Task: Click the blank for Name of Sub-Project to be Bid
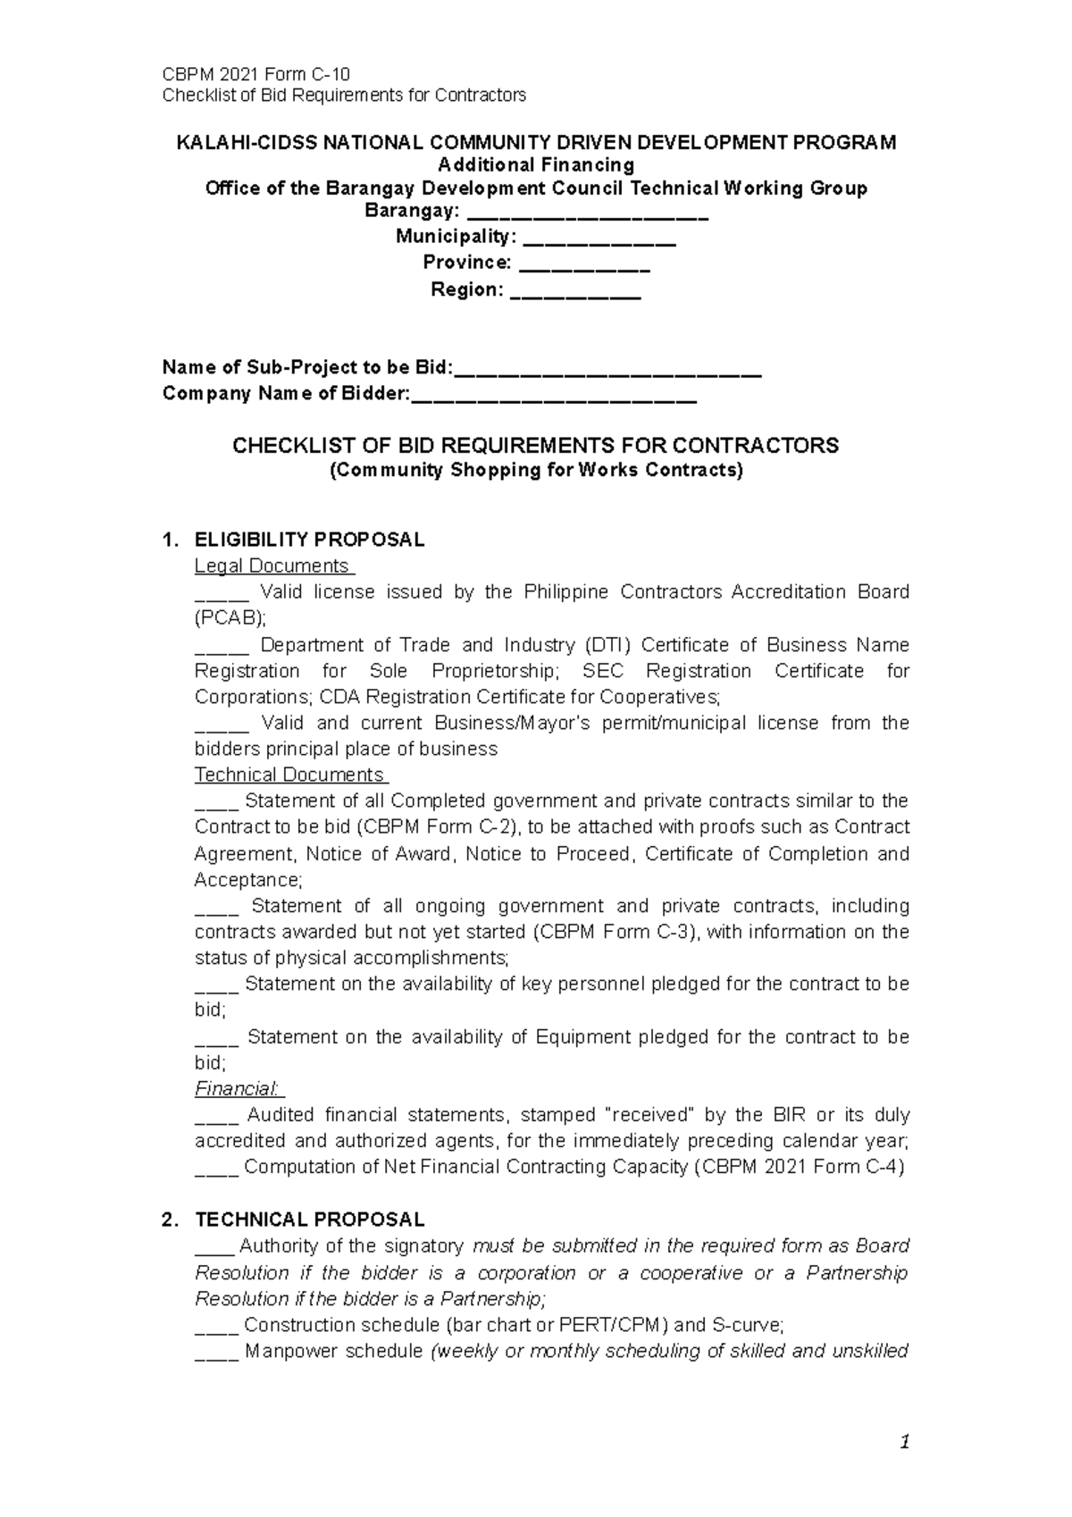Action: tap(607, 369)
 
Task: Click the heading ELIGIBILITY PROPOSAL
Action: tap(309, 540)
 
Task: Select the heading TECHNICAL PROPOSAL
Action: tap(309, 1220)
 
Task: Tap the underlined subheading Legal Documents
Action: tap(272, 566)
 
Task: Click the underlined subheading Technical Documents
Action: tap(289, 775)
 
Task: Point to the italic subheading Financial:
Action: tap(238, 1089)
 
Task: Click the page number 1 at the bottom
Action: tap(906, 1442)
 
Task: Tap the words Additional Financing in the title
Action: tap(535, 165)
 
